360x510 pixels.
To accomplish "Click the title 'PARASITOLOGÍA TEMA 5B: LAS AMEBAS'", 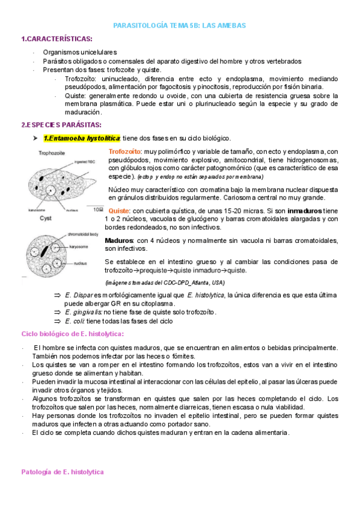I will tap(180, 26).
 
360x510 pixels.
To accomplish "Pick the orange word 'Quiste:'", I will tap(119, 211).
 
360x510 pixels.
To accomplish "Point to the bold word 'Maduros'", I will tap(119, 241).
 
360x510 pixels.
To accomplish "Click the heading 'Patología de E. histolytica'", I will tap(63, 472).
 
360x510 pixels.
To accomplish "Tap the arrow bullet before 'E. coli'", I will tap(58, 321).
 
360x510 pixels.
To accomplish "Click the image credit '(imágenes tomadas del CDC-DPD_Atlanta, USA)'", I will tap(164, 282).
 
